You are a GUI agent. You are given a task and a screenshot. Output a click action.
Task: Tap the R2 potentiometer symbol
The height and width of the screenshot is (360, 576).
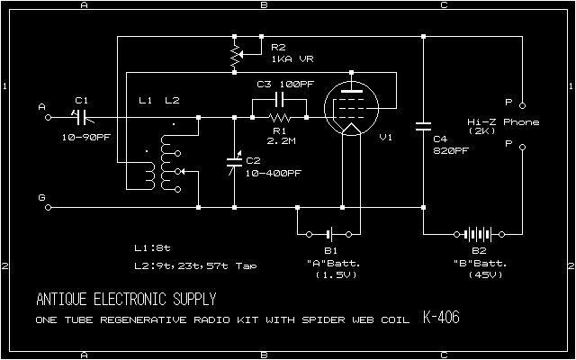235,56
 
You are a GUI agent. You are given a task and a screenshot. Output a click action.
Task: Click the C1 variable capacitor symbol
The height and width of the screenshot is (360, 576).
81,116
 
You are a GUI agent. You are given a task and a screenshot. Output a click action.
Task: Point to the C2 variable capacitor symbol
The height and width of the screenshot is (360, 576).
235,161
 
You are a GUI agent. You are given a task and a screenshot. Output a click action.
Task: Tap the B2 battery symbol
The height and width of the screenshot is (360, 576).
478,230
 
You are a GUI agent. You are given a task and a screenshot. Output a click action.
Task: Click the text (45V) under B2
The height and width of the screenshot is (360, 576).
478,274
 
